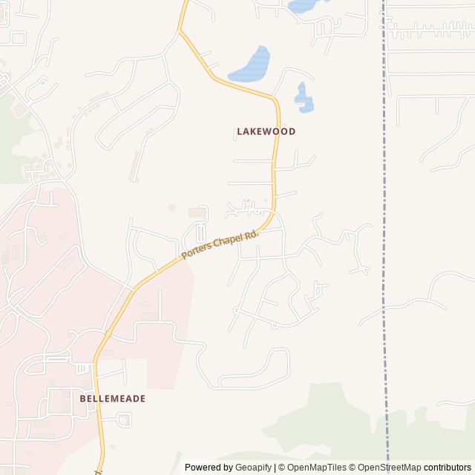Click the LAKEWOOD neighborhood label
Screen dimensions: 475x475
[x=266, y=131]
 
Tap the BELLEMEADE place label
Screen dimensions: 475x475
[x=112, y=399]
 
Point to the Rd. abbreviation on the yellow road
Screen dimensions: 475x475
[x=252, y=233]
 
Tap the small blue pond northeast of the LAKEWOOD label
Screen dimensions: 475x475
[x=303, y=99]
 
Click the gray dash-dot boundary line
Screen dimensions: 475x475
[x=384, y=223]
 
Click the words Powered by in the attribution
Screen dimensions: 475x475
[x=208, y=468]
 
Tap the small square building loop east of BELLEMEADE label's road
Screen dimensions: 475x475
[x=124, y=421]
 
